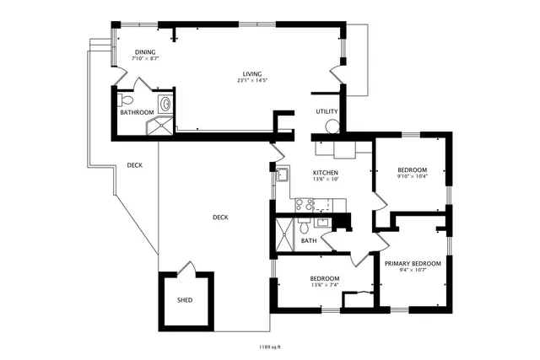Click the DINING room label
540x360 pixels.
(x=144, y=52)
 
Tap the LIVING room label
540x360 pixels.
(x=246, y=75)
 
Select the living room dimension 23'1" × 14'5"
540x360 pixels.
(x=246, y=82)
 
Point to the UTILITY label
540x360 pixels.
(x=327, y=111)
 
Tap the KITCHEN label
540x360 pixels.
(x=302, y=172)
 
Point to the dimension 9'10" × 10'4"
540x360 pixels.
(x=413, y=176)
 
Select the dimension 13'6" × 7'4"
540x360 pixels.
(x=324, y=285)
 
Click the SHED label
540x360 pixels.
(x=185, y=300)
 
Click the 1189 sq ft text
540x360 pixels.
(x=270, y=347)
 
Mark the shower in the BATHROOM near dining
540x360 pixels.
(x=159, y=126)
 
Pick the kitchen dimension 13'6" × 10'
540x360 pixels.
(x=302, y=179)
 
